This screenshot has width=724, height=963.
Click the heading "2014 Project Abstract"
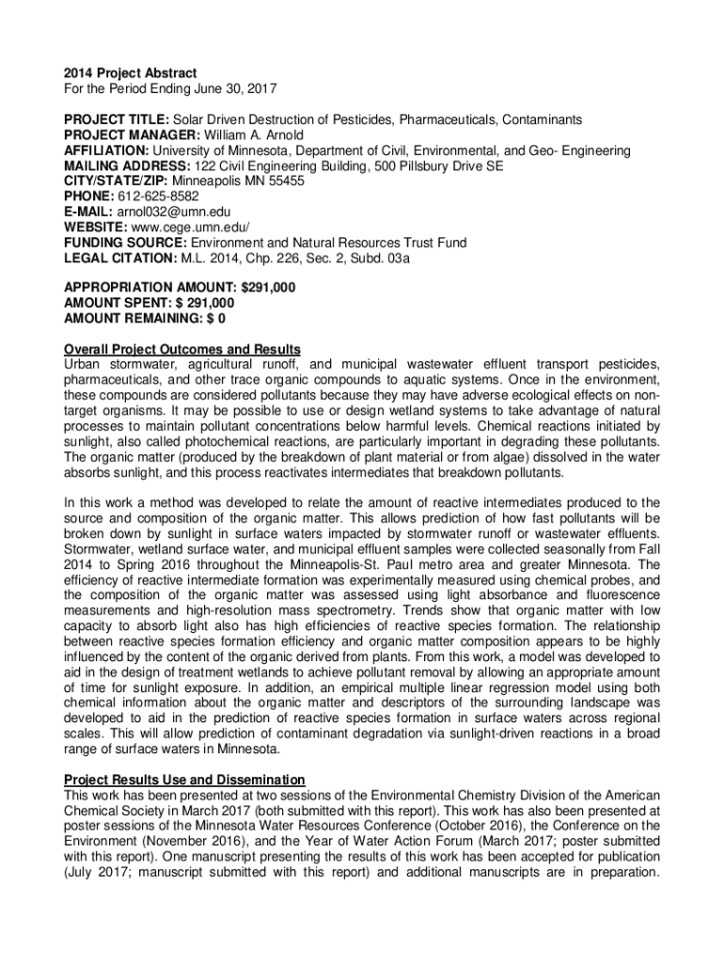coord(130,73)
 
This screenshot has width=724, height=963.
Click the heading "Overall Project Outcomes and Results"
coord(181,349)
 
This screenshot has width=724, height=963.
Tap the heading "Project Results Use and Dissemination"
coord(184,780)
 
